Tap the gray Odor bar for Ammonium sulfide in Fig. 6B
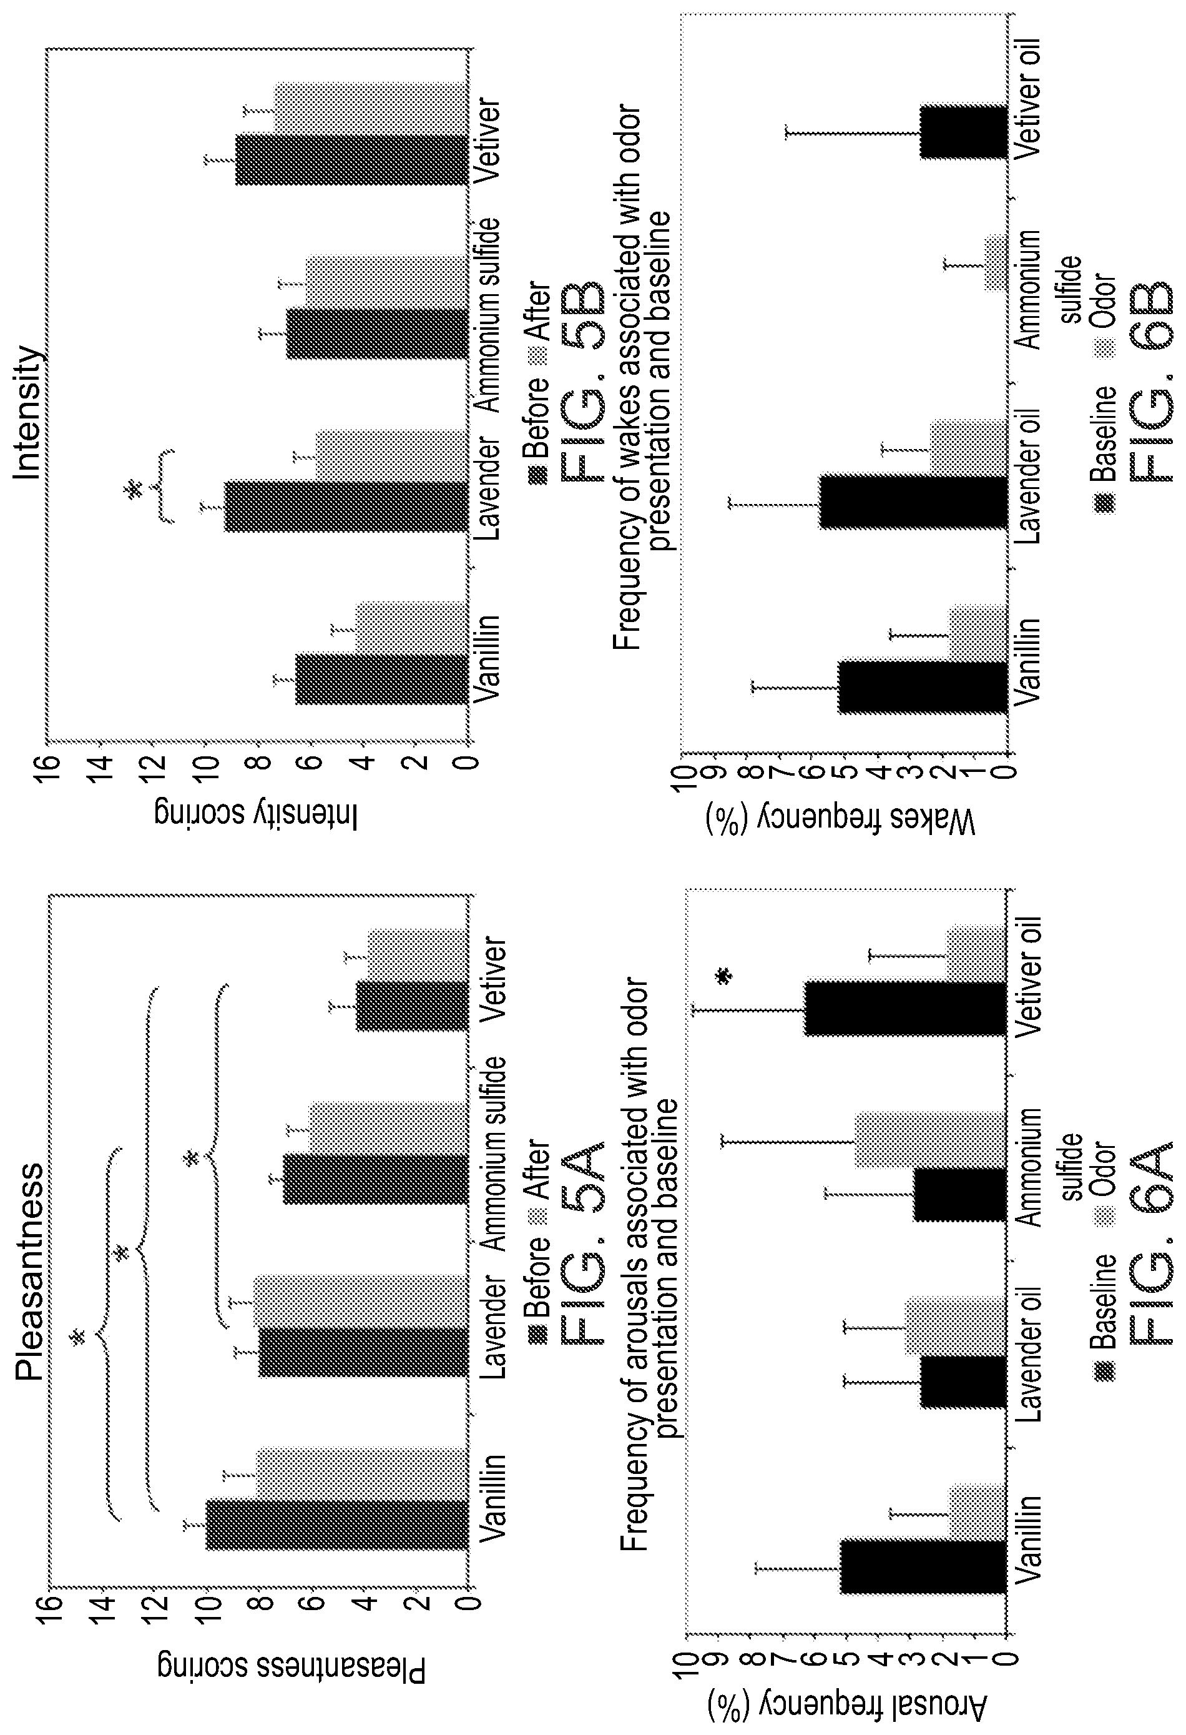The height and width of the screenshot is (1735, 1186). point(995,262)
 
